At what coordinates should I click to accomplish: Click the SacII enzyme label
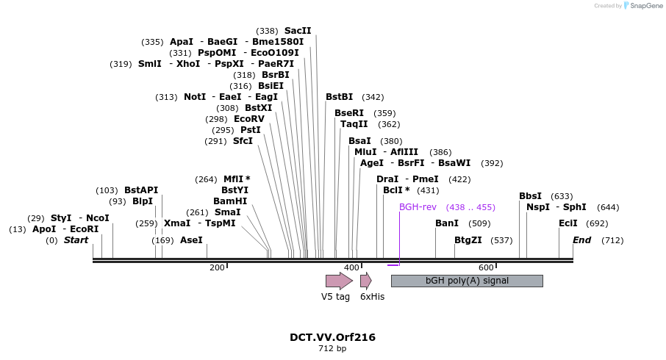298,31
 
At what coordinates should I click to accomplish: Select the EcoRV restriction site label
248,119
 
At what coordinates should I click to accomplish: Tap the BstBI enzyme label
339,97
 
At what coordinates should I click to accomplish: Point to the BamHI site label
230,201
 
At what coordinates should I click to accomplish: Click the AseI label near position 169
191,240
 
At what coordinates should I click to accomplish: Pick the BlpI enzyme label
143,201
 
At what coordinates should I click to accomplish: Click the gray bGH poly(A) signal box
467,281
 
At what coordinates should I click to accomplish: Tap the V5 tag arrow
339,281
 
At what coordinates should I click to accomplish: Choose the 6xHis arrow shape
365,281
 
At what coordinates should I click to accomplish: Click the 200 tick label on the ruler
217,267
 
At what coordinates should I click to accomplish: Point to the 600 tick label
486,267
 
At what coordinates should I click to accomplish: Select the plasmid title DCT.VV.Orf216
332,337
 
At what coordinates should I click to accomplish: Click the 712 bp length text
332,348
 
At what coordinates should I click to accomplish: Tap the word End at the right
581,240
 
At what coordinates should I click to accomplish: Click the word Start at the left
76,240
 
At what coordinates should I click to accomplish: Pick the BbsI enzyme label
530,196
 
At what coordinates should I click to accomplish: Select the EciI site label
568,223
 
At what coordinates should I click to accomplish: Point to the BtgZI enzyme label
468,240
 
